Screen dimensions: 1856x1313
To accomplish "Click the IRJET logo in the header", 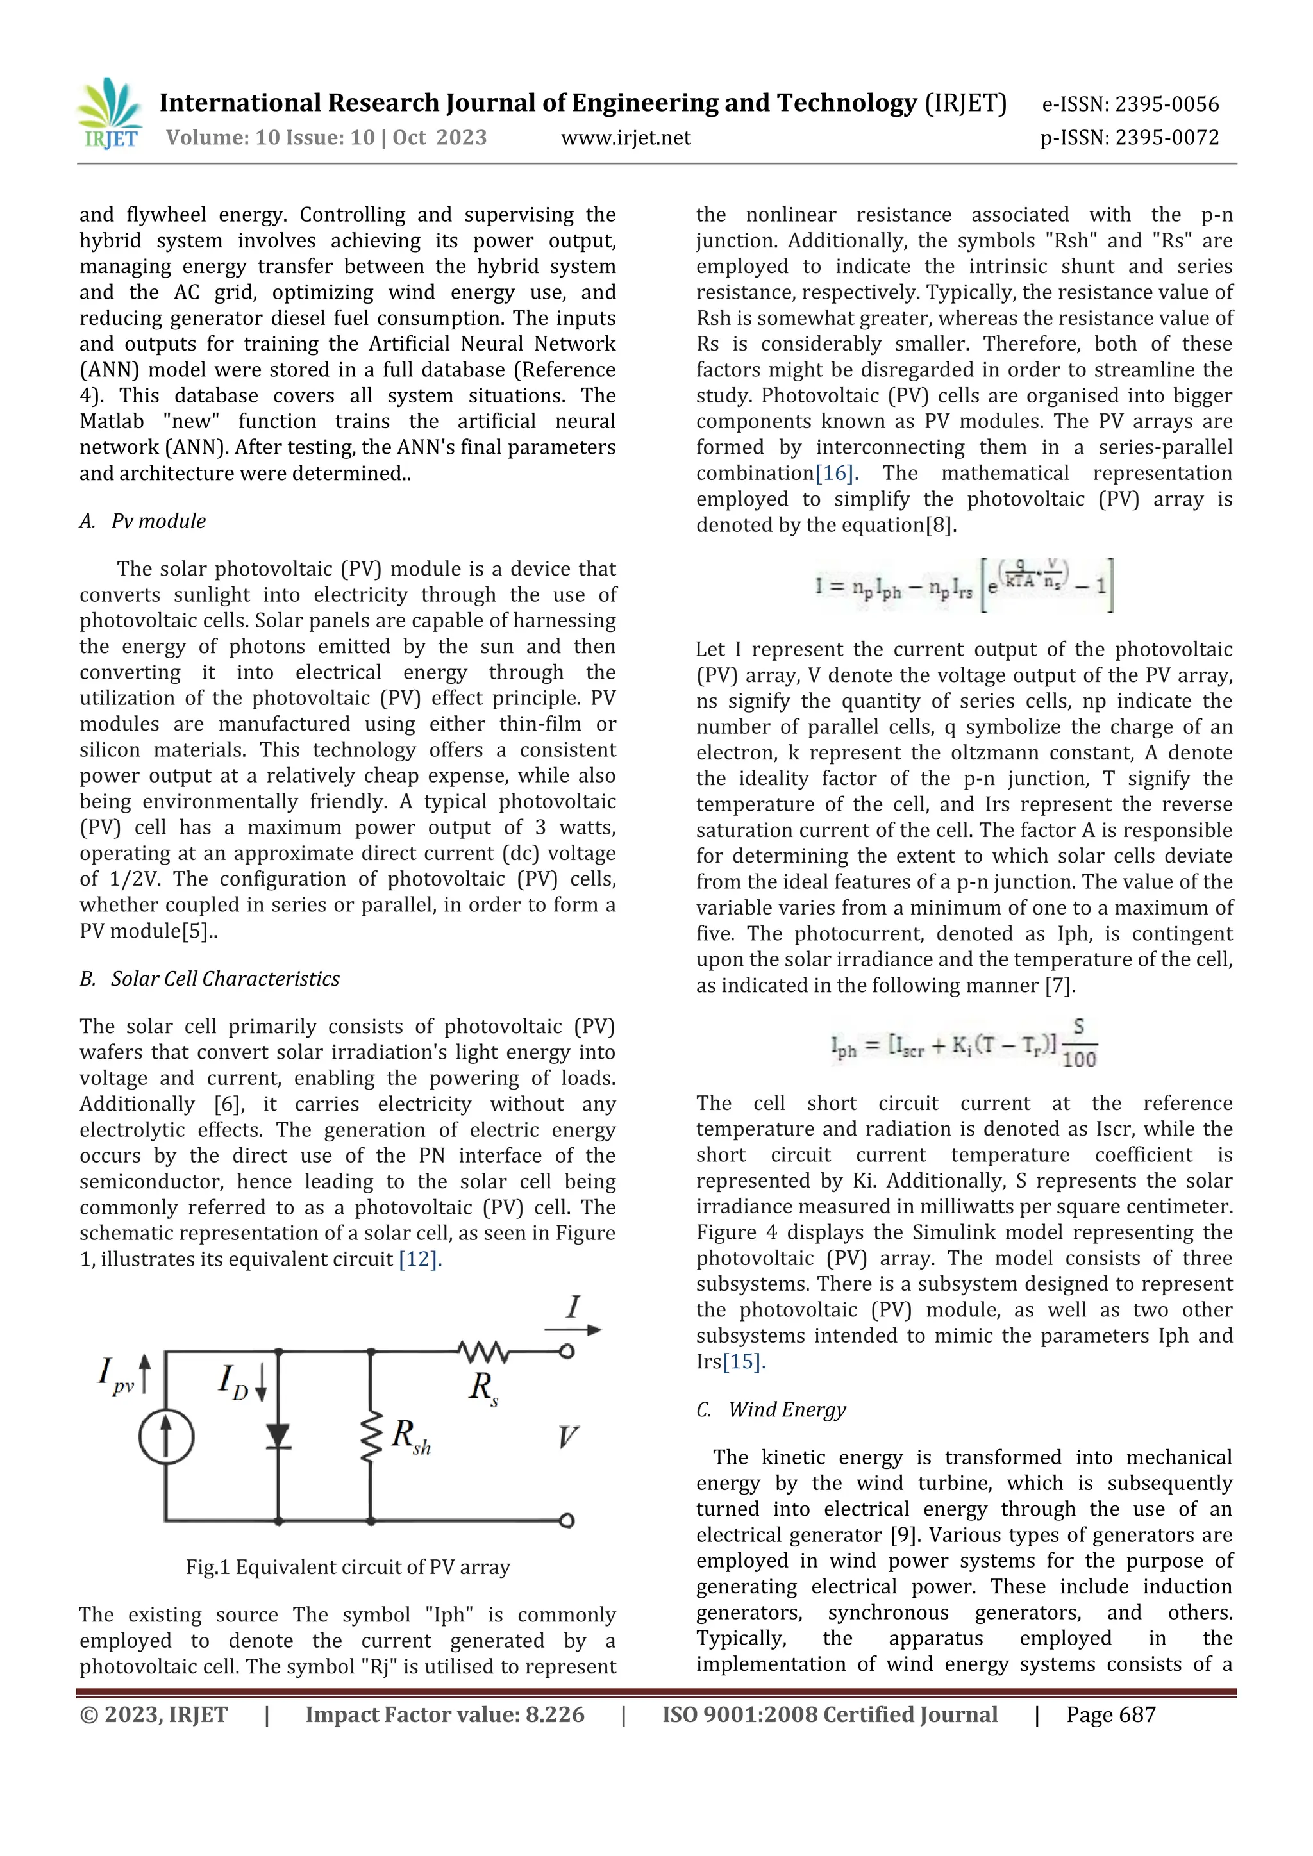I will [111, 114].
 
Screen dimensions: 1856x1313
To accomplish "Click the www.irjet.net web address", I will [626, 138].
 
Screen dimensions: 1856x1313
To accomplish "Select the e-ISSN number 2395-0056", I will [1166, 104].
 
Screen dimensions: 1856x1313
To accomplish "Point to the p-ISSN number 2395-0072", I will [1166, 138].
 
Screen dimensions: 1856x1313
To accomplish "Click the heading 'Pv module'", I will [158, 522].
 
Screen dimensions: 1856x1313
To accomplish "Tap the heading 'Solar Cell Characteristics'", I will [225, 979].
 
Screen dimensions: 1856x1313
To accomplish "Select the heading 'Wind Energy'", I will [787, 1410].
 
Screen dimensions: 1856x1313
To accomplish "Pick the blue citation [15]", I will [743, 1362].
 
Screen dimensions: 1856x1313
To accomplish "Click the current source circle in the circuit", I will [167, 1438].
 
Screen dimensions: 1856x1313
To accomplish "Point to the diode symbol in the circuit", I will [278, 1436].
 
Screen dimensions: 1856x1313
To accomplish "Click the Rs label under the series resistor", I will [483, 1387].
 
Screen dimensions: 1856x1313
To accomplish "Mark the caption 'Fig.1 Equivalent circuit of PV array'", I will [347, 1568].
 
